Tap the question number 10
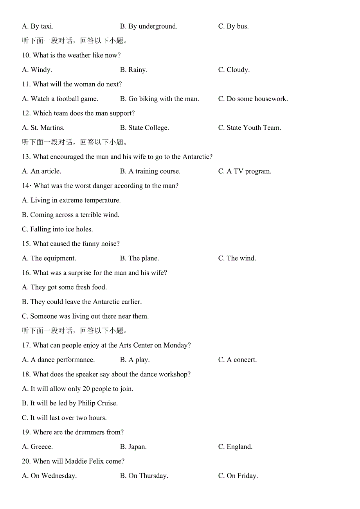[26, 56]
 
